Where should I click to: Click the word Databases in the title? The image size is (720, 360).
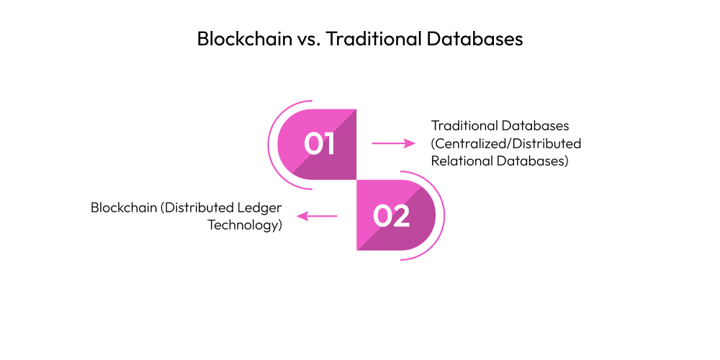(x=475, y=39)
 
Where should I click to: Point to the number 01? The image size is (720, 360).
(x=319, y=143)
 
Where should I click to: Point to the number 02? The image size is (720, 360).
(x=392, y=216)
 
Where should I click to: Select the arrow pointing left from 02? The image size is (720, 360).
(x=318, y=216)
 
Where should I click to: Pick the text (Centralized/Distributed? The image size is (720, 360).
(x=506, y=143)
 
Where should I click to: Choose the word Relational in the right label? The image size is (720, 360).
(x=462, y=161)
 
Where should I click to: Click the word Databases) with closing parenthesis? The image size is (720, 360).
(x=533, y=161)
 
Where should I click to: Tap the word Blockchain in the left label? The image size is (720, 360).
(x=123, y=207)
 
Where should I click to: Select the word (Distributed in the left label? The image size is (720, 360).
(x=198, y=207)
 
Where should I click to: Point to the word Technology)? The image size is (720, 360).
(x=245, y=225)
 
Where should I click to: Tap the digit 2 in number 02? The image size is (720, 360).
(x=400, y=216)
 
